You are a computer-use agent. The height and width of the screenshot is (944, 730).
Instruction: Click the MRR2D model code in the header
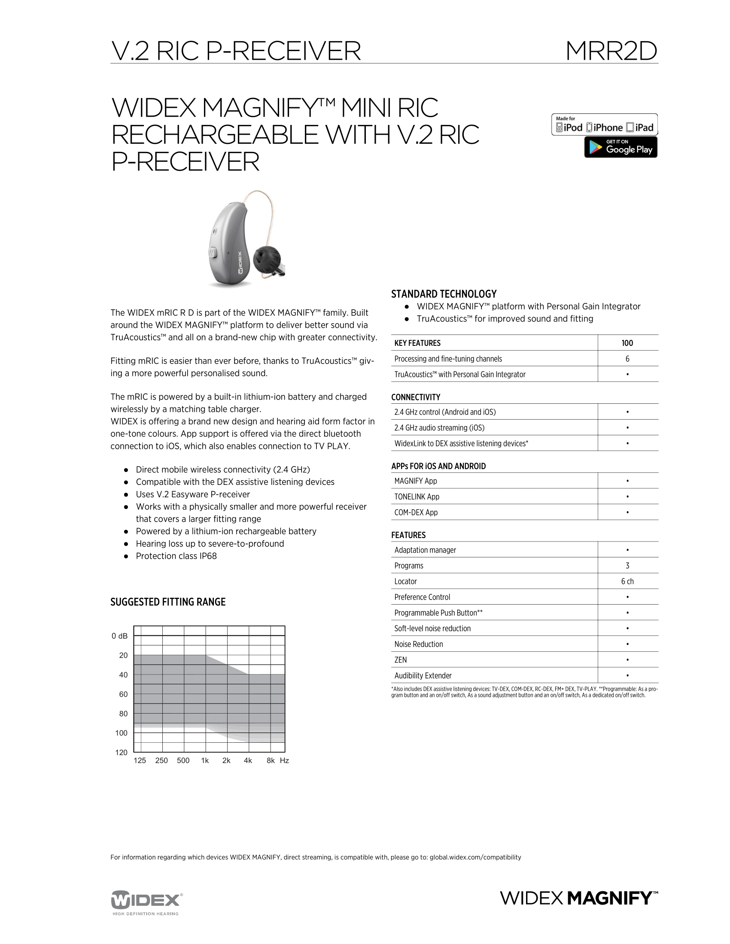point(611,51)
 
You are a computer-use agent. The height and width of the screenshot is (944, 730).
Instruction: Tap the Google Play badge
point(620,147)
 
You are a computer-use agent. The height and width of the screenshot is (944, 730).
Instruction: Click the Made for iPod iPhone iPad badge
point(604,125)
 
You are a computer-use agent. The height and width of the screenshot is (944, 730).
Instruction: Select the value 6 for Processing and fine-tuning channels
point(627,359)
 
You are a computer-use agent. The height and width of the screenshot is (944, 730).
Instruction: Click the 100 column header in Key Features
point(627,343)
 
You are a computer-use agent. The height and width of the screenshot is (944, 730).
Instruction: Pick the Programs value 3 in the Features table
point(627,566)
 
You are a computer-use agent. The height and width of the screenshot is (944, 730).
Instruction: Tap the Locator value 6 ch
point(627,581)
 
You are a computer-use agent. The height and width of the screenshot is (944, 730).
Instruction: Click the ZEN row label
point(401,660)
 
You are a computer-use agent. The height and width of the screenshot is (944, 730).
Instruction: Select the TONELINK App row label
point(417,496)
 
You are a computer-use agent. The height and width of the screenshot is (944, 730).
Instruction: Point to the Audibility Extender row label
point(423,675)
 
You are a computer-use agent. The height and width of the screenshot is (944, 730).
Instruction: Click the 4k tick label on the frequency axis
point(248,760)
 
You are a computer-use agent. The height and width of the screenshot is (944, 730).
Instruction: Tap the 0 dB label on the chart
point(119,636)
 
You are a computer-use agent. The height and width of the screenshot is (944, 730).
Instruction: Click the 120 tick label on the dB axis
point(121,753)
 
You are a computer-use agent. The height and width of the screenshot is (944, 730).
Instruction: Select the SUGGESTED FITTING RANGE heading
point(168,602)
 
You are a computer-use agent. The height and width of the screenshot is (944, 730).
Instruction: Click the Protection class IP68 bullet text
point(176,556)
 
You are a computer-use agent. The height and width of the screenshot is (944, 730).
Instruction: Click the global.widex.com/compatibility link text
point(475,857)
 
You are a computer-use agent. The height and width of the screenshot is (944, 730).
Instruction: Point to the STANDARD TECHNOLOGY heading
point(444,294)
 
